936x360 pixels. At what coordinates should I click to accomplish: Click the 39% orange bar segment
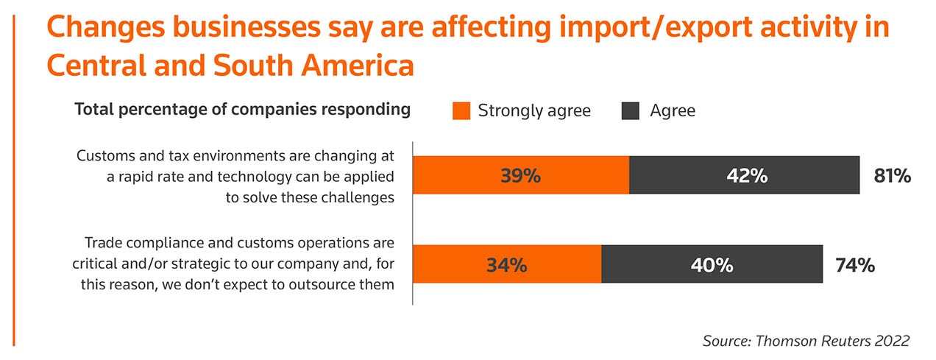(x=521, y=175)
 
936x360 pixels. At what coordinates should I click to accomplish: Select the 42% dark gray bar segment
(x=744, y=175)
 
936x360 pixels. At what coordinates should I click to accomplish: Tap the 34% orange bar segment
(x=507, y=264)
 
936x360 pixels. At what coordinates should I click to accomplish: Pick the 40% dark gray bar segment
(x=712, y=264)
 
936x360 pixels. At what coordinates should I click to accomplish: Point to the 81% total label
(x=893, y=176)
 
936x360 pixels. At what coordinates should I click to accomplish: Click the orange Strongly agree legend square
(x=461, y=110)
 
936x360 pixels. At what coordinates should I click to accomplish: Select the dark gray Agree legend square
(x=631, y=110)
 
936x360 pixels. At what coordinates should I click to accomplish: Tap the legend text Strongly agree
(x=534, y=111)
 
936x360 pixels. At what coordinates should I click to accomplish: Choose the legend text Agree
(x=673, y=111)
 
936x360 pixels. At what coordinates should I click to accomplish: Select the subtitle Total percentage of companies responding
(x=242, y=110)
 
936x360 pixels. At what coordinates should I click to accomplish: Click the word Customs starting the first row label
(x=104, y=157)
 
